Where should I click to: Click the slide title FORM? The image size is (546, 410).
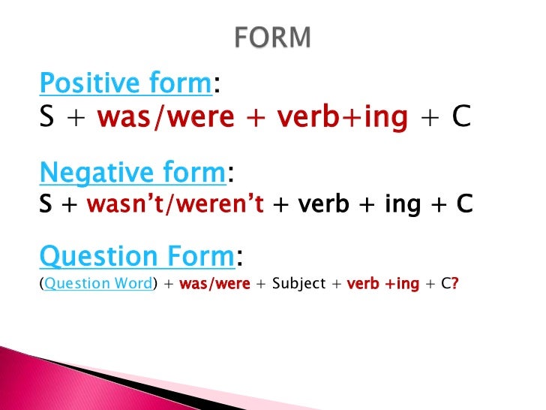pyautogui.click(x=272, y=37)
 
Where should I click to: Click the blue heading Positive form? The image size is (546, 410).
pyautogui.click(x=124, y=85)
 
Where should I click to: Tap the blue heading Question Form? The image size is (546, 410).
pyautogui.click(x=136, y=258)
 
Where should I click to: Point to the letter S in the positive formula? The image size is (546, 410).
pyautogui.click(x=47, y=118)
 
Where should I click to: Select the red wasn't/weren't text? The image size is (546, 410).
pyautogui.click(x=175, y=204)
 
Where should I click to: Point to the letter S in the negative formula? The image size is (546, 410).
pyautogui.click(x=46, y=204)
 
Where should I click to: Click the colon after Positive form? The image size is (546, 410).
pyautogui.click(x=216, y=88)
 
